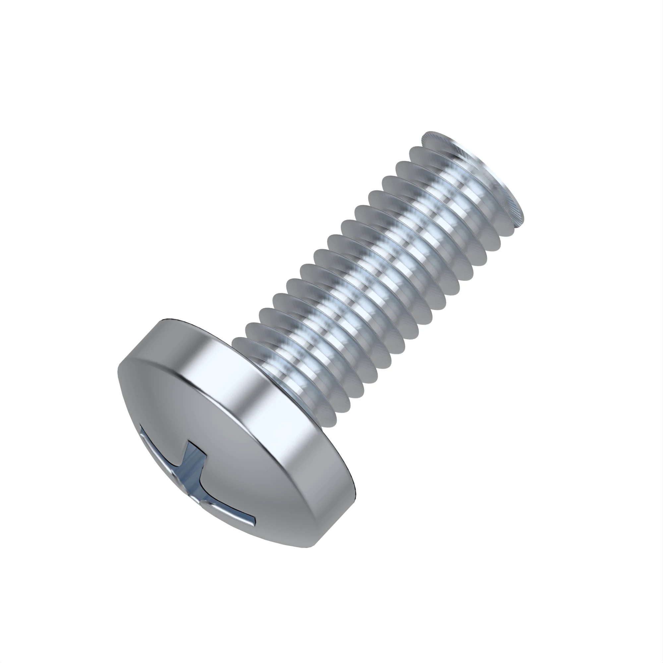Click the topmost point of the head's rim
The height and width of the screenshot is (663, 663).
click(x=168, y=319)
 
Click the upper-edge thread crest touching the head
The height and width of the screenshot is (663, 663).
click(x=237, y=340)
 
